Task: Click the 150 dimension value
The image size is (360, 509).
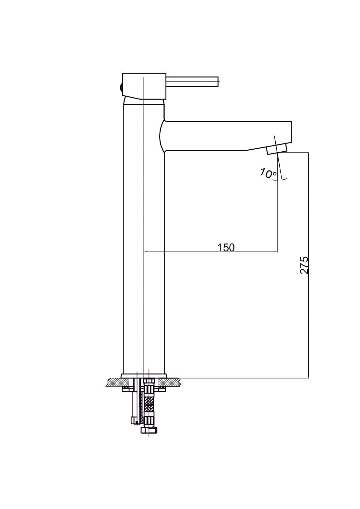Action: [x=226, y=248]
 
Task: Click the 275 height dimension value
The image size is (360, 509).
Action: [x=304, y=265]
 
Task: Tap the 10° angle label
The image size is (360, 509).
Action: [x=268, y=174]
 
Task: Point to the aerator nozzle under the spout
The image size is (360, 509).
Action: [x=277, y=149]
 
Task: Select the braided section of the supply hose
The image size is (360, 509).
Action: [x=149, y=405]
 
